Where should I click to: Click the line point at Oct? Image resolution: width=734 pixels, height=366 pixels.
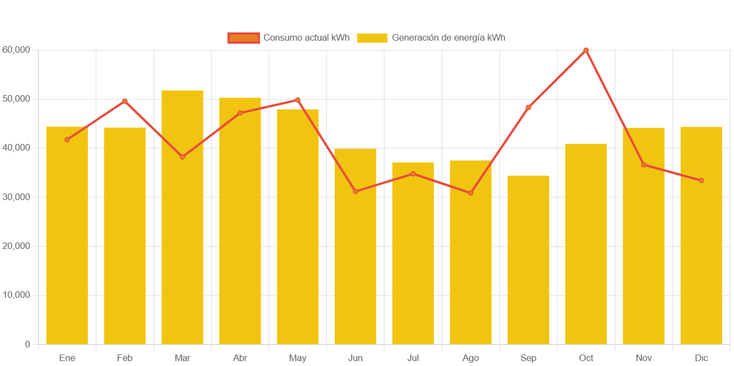pyautogui.click(x=586, y=50)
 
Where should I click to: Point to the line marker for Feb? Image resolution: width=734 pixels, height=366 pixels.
pyautogui.click(x=125, y=101)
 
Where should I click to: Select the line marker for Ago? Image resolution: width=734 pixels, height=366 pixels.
pyautogui.click(x=471, y=193)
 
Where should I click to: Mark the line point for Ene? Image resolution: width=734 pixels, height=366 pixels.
pyautogui.click(x=67, y=140)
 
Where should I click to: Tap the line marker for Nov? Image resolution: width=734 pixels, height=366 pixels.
pyautogui.click(x=644, y=165)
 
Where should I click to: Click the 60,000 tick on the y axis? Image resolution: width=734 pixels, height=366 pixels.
pyautogui.click(x=16, y=49)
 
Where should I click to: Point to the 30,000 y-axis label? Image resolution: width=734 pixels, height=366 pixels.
pyautogui.click(x=16, y=197)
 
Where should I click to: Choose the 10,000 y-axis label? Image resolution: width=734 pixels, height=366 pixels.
pyautogui.click(x=16, y=295)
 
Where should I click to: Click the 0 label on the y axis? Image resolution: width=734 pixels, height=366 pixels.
pyautogui.click(x=27, y=344)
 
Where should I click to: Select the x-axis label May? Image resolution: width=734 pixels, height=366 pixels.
pyautogui.click(x=297, y=358)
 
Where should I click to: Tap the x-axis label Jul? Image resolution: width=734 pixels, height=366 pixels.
pyautogui.click(x=413, y=358)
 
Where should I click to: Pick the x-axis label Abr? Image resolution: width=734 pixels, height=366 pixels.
pyautogui.click(x=240, y=358)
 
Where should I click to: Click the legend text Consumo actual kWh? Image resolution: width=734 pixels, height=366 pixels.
pyautogui.click(x=306, y=38)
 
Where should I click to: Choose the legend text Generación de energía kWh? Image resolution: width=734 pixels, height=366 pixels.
pyautogui.click(x=448, y=38)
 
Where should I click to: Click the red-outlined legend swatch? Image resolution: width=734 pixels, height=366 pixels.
pyautogui.click(x=243, y=38)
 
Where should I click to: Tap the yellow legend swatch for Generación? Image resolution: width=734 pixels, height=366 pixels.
pyautogui.click(x=372, y=38)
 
